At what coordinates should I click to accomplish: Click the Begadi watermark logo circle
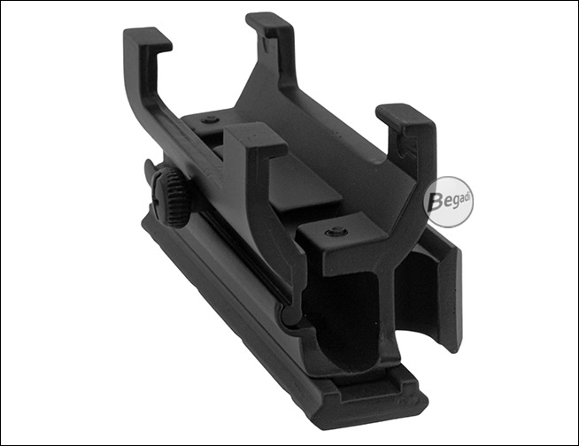(448, 202)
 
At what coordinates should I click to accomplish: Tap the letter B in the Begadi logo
(435, 202)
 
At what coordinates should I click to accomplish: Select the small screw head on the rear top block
(211, 119)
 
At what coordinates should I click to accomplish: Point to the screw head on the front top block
(336, 231)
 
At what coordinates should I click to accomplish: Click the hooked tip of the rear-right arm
(270, 24)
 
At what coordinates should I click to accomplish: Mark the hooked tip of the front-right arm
(405, 118)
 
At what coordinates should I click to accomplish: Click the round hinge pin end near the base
(290, 317)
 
